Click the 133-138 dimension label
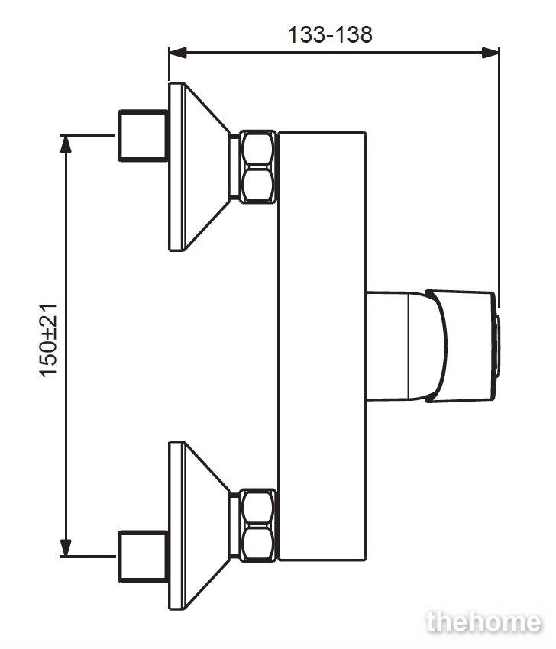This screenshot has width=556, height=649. pyautogui.click(x=330, y=34)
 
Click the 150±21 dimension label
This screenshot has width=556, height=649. pyautogui.click(x=49, y=341)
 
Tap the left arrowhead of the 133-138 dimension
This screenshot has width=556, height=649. pyautogui.click(x=178, y=53)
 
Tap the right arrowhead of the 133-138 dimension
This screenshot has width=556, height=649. pyautogui.click(x=490, y=53)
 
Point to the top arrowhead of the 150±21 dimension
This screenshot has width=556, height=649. pyautogui.click(x=66, y=144)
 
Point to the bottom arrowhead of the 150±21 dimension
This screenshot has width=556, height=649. pyautogui.click(x=66, y=547)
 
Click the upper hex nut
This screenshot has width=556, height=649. pyautogui.click(x=258, y=166)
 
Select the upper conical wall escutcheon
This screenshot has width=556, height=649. pyautogui.click(x=199, y=166)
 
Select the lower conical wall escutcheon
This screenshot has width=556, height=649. pyautogui.click(x=199, y=525)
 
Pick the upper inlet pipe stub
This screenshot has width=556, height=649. pyautogui.click(x=144, y=135)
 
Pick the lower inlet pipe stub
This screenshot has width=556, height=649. pyautogui.click(x=144, y=557)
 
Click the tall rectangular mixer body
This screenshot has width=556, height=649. pyautogui.click(x=322, y=347)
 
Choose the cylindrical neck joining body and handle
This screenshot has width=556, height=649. pyautogui.click(x=387, y=347)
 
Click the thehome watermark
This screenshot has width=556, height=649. pyautogui.click(x=483, y=622)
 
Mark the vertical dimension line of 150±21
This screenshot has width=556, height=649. pyautogui.click(x=66, y=346)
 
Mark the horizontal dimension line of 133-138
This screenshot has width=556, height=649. pyautogui.click(x=334, y=53)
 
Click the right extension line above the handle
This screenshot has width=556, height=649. pyautogui.click(x=499, y=178)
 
